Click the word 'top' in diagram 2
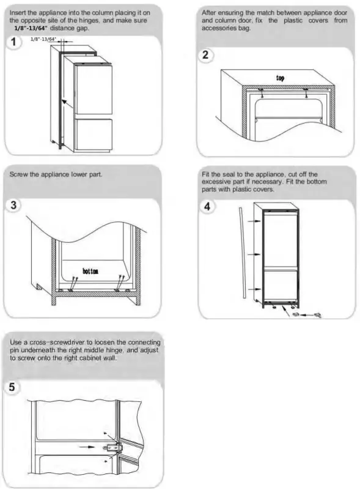pyautogui.click(x=280, y=78)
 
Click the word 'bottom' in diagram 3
pyautogui.click(x=90, y=270)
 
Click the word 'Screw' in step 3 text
pyautogui.click(x=20, y=175)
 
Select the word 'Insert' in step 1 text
pyautogui.click(x=20, y=12)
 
